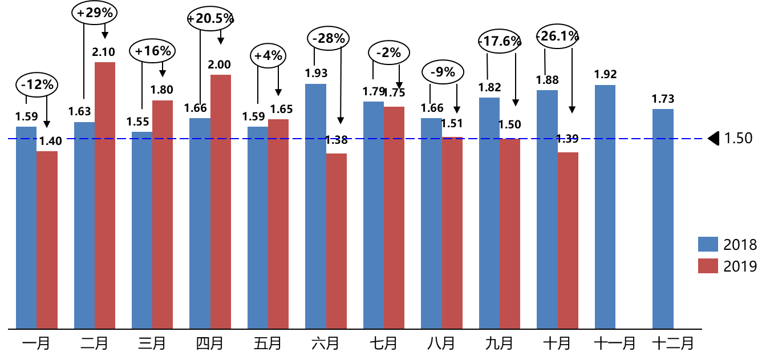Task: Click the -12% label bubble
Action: (37, 85)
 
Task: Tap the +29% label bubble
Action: (95, 13)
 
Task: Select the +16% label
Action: (152, 51)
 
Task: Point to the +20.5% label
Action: (210, 19)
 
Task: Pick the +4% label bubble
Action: (268, 56)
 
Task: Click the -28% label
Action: (329, 39)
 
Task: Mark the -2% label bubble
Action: (389, 52)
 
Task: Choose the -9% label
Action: (443, 72)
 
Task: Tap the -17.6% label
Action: (500, 41)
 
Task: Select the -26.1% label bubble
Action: (557, 37)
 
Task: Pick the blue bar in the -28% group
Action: (315, 206)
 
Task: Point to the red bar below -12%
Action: (47, 240)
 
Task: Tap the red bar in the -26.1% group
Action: (568, 240)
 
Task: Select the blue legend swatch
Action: (708, 244)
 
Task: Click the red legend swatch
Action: (708, 266)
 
